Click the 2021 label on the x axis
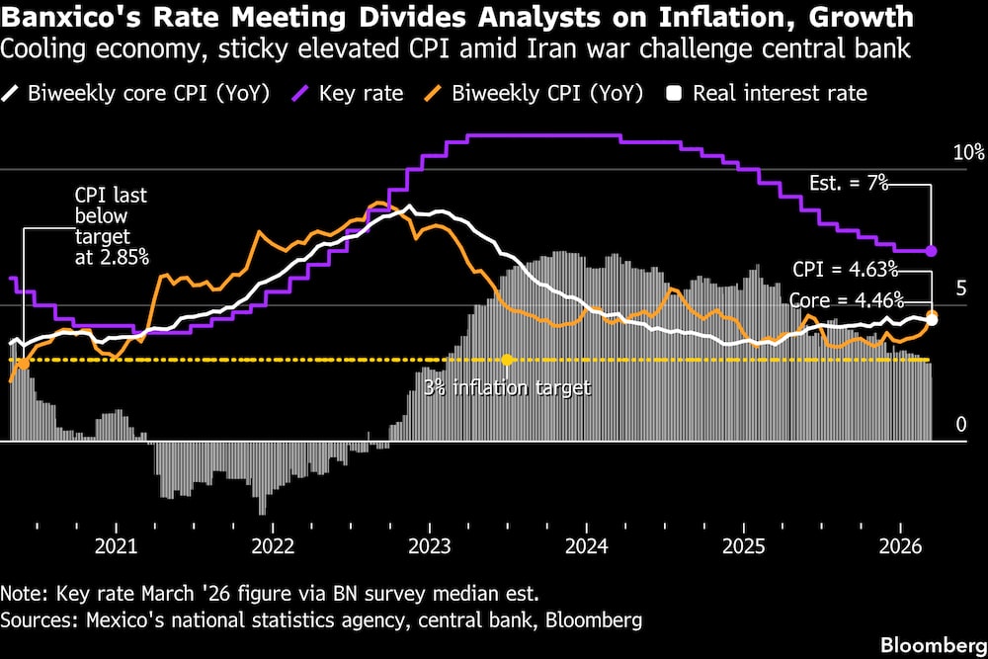[116, 545]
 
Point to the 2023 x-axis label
[430, 545]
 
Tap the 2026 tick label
[901, 545]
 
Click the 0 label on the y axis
[960, 426]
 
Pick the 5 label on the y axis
[960, 288]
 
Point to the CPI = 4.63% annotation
[845, 268]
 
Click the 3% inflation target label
[507, 387]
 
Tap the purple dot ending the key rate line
[932, 251]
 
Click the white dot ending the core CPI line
[932, 318]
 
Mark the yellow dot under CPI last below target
[23, 364]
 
